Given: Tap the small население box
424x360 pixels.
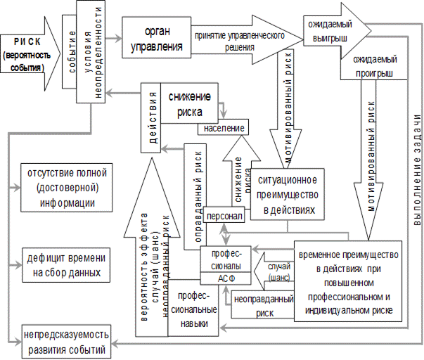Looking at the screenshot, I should coord(225,128).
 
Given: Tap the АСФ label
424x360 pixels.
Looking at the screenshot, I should coord(226,278).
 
